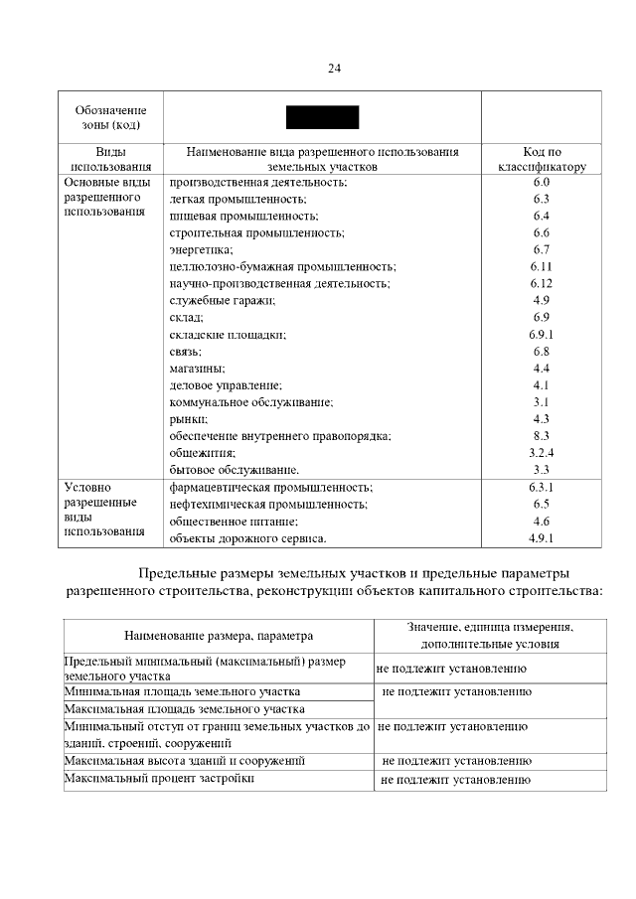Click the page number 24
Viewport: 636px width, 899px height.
click(x=334, y=69)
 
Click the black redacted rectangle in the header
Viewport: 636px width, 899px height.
click(x=323, y=116)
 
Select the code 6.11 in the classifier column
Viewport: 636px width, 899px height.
click(x=541, y=267)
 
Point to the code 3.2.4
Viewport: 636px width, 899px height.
click(x=541, y=453)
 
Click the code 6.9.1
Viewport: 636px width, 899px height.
click(x=541, y=335)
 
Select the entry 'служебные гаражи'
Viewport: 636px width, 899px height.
click(x=223, y=301)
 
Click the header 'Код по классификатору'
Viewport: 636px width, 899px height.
click(x=542, y=160)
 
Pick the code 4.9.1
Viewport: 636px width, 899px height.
click(x=541, y=538)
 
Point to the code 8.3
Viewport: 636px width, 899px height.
click(x=541, y=436)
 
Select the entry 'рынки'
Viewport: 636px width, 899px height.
click(x=189, y=419)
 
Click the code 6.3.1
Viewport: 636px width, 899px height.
click(x=541, y=488)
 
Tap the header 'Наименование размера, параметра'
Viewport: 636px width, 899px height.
click(x=219, y=635)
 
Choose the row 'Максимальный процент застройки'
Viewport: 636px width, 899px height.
click(x=159, y=779)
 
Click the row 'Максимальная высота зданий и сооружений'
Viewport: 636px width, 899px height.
click(x=184, y=761)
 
